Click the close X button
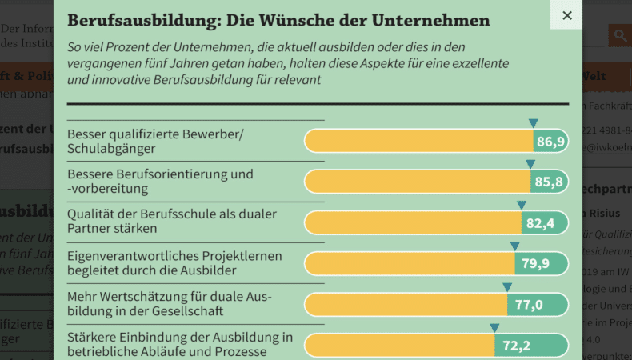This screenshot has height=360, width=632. pos(566,15)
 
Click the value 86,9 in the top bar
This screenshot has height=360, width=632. pos(550,142)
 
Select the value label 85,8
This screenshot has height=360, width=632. pos(549,182)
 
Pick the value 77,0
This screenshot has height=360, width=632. pos(529,305)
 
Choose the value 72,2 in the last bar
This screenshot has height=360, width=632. pos(517,346)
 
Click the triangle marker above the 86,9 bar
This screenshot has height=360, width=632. pos(533,123)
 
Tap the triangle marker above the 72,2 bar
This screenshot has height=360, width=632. pos(494,327)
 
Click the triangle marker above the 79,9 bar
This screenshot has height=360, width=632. pos(514,246)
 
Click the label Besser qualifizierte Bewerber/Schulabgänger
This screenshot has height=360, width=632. pos(155,141)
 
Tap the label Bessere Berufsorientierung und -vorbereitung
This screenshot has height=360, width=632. pos(160,182)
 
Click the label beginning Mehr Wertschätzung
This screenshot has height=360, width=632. pos(169,303)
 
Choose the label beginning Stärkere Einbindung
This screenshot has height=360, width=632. pos(180,343)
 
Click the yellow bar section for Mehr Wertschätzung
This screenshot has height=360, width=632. pos(405,305)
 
